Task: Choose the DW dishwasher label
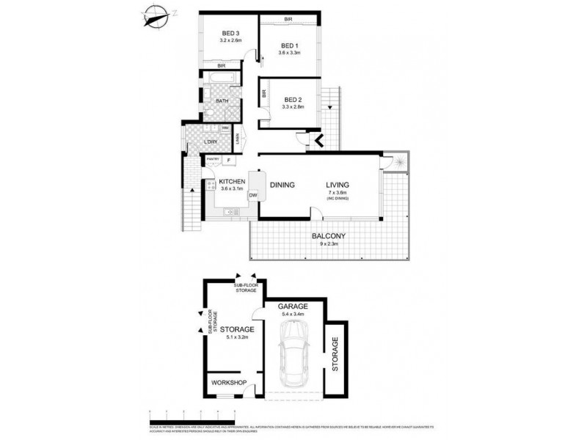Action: (x=252, y=195)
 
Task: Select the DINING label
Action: (x=282, y=185)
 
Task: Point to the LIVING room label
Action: (x=338, y=185)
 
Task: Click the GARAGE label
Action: (x=291, y=307)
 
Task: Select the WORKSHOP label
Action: (x=228, y=383)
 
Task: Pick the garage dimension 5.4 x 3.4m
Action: (x=291, y=315)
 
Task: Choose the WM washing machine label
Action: (x=225, y=128)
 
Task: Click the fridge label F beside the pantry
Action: (x=229, y=159)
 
